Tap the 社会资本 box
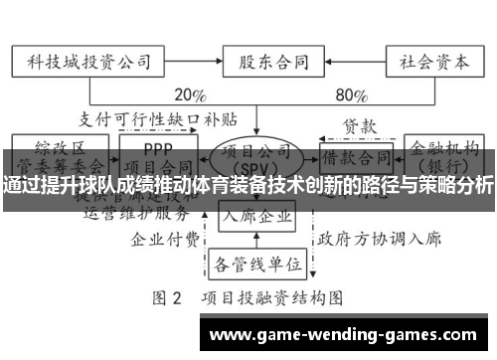coord(428,62)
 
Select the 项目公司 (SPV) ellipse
coord(255,159)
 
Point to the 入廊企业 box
coord(255,215)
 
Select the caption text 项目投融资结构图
coord(275,297)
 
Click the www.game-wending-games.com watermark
coord(351,334)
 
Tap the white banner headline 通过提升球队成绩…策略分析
coord(248,185)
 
